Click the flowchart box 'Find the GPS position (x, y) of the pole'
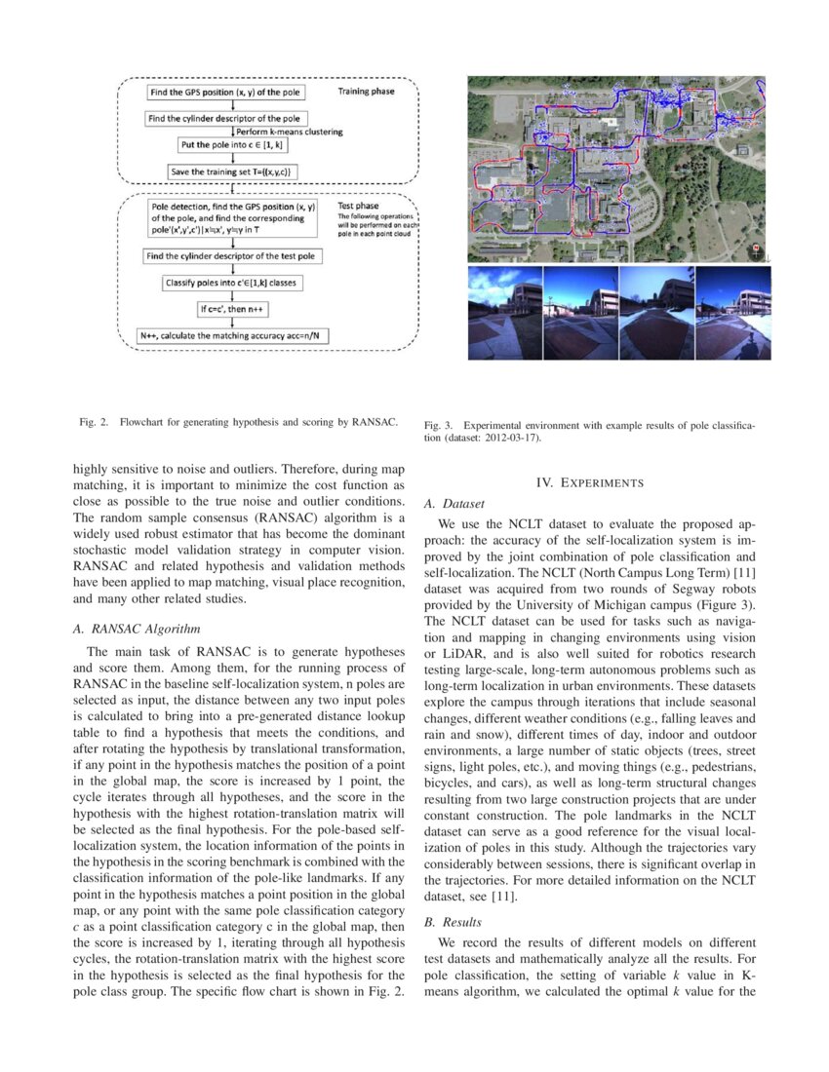226,93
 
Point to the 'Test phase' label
360,206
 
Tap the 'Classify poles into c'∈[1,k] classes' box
233,284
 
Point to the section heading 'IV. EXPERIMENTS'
590,482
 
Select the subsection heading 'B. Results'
454,921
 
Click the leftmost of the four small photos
504,313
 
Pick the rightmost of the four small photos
733,313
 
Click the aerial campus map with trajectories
618,170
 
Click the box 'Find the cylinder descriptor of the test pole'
232,256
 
